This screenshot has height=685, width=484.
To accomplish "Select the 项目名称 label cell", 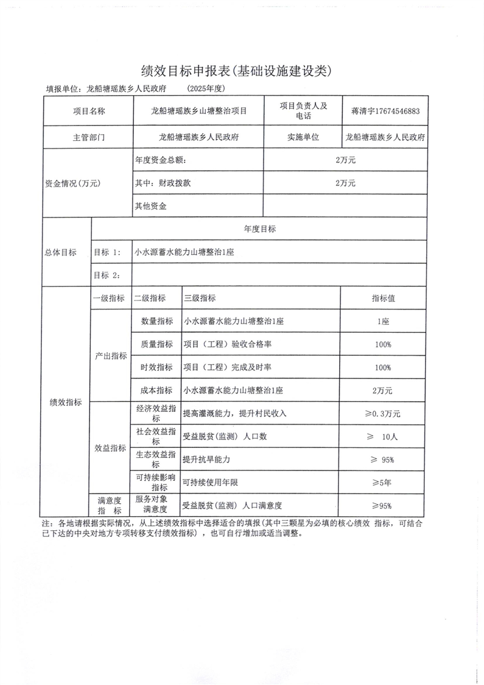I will click(88, 112).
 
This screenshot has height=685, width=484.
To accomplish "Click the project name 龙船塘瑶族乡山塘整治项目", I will click(198, 112).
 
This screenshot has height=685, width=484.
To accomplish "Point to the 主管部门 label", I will click(88, 138).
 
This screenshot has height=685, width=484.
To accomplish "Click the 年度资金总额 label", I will click(161, 160).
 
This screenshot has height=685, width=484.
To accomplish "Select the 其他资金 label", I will click(151, 207).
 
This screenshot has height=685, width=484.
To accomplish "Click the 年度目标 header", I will click(259, 229).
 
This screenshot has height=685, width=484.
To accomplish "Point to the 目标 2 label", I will click(107, 275).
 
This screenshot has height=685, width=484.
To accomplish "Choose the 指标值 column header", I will click(383, 299).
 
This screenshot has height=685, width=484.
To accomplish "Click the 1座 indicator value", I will click(383, 321).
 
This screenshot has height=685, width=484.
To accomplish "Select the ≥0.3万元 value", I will click(383, 413).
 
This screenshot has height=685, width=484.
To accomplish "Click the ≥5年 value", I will click(383, 482).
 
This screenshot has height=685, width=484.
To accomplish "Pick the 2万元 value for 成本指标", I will click(383, 390).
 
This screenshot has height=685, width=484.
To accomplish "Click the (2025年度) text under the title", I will click(207, 89).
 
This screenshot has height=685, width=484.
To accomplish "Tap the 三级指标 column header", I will click(199, 299).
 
